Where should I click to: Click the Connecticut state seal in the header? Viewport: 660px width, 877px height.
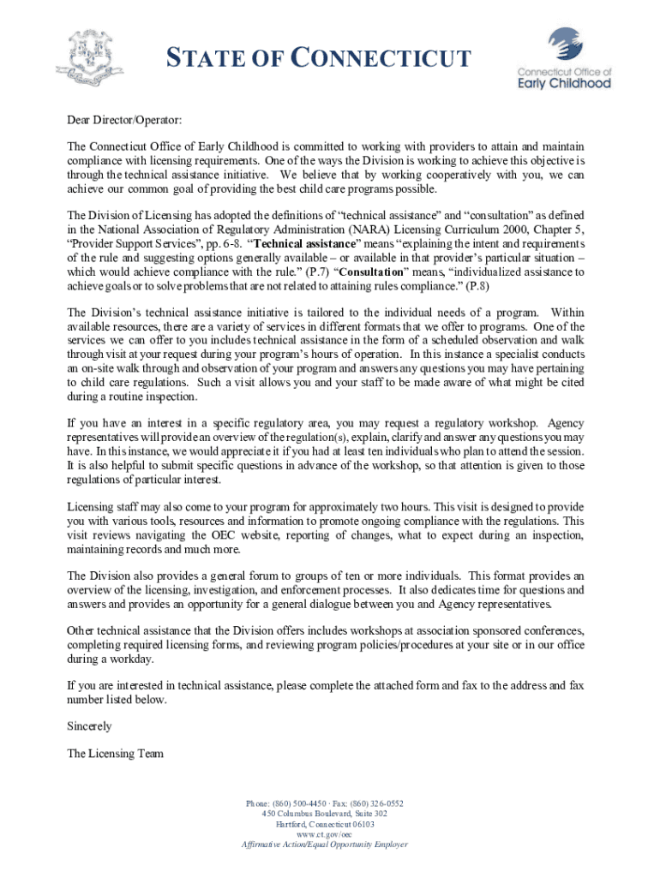(x=90, y=57)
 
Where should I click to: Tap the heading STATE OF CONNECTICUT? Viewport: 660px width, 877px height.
(x=318, y=59)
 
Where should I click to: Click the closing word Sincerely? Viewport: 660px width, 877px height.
(x=89, y=726)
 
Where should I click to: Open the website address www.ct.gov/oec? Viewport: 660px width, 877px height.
(x=324, y=834)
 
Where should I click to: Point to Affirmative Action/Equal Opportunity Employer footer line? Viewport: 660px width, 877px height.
(x=324, y=844)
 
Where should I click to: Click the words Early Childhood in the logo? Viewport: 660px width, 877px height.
(x=564, y=84)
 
